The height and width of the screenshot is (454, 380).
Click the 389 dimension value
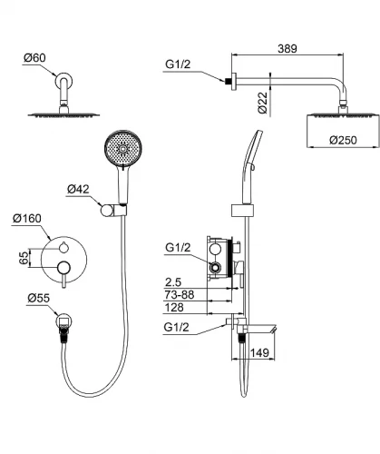click(x=287, y=48)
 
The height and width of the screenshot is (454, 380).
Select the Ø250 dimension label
click(x=343, y=140)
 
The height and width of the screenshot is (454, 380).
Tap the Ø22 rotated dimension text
click(x=263, y=103)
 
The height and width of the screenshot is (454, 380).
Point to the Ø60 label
click(x=34, y=57)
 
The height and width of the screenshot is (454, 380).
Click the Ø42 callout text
click(x=78, y=189)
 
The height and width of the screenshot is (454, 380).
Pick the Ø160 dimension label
click(x=27, y=218)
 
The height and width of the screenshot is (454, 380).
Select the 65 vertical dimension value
click(x=24, y=258)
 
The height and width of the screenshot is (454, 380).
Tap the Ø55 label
click(x=38, y=298)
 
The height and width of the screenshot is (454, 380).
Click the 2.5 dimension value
click(x=173, y=282)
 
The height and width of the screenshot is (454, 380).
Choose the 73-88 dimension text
click(x=180, y=294)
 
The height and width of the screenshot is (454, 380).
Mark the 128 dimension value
click(x=174, y=308)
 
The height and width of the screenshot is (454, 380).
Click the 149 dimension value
click(x=259, y=352)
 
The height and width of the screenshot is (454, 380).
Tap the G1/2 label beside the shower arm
click(x=178, y=64)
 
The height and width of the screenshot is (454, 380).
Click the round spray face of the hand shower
click(x=123, y=149)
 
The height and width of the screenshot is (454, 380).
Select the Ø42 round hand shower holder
click(x=106, y=211)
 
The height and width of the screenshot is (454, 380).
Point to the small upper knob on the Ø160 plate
click(x=63, y=248)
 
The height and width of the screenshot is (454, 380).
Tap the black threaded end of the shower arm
click(x=228, y=81)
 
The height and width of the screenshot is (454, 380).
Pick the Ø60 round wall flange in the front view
click(x=63, y=81)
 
